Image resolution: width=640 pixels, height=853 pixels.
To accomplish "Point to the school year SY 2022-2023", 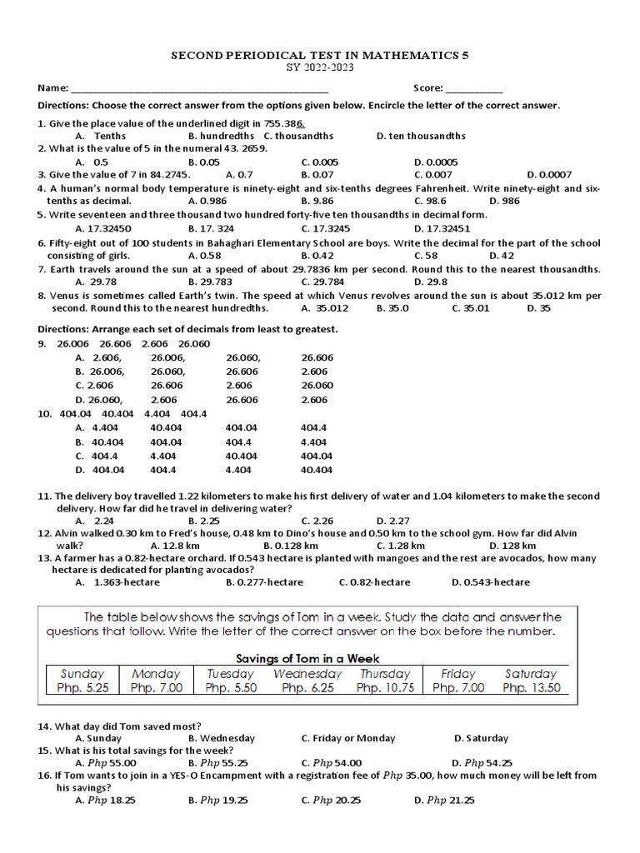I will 320,67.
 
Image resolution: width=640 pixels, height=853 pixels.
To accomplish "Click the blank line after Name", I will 199,89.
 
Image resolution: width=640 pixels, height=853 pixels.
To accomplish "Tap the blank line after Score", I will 474,89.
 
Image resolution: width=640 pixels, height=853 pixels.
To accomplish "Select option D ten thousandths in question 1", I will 421,136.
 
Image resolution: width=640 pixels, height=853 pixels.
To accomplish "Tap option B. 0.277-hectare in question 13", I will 264,582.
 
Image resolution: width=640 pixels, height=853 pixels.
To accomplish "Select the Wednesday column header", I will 307,673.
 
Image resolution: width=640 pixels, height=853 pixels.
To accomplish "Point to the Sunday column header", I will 82,673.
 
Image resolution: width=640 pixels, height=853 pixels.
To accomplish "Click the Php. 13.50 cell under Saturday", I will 532,688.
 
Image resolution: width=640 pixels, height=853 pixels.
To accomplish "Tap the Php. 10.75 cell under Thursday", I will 385,688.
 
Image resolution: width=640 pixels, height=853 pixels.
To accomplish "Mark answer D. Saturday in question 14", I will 481,738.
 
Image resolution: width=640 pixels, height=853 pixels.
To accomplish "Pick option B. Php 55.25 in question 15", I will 217,763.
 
